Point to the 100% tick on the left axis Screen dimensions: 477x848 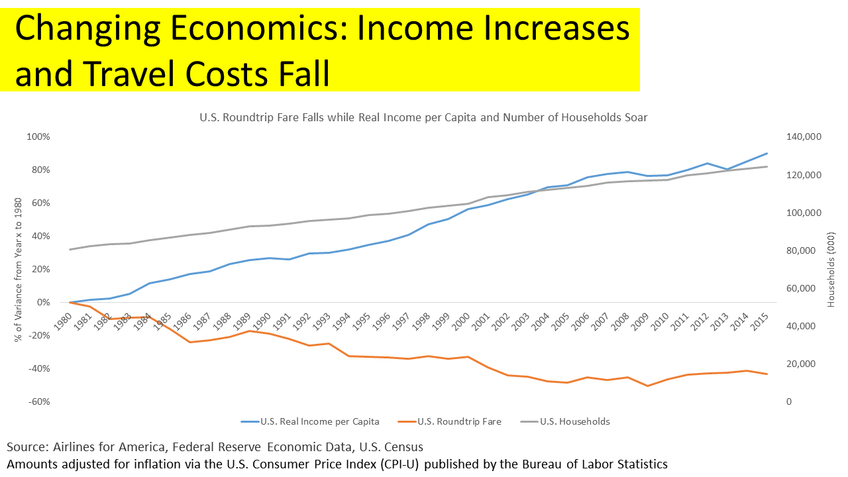[38, 137]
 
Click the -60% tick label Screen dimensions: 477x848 [38, 402]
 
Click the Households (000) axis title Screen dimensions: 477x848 [831, 270]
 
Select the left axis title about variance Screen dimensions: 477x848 [18, 270]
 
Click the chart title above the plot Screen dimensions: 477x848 [423, 117]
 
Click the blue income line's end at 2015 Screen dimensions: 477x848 [767, 153]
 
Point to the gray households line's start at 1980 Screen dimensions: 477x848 [70, 250]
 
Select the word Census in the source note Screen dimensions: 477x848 [401, 447]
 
